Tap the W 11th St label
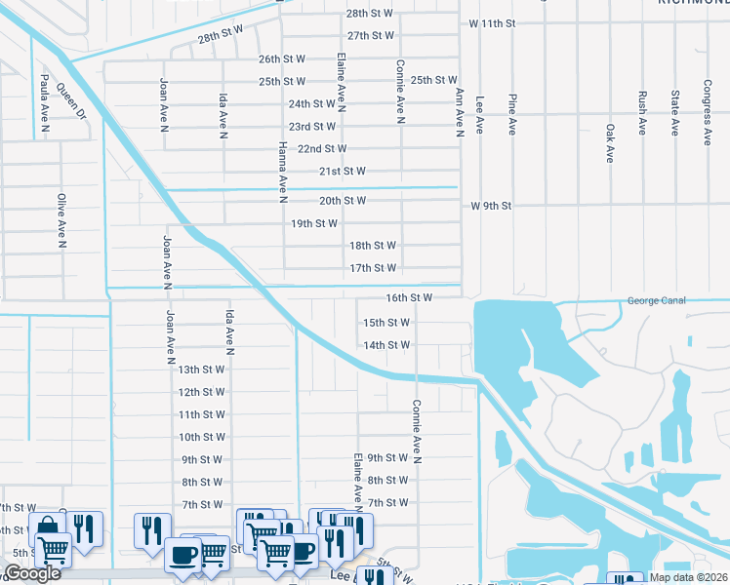(x=505, y=21)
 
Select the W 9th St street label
(x=504, y=206)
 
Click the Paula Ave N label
(x=45, y=99)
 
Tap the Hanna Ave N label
(x=282, y=172)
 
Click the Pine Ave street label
(x=511, y=114)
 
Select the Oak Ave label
(x=609, y=142)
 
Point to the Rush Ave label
(x=641, y=113)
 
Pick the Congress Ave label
(x=707, y=112)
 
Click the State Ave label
(x=674, y=113)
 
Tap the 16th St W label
(x=409, y=297)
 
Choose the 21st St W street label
(x=342, y=171)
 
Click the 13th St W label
(x=201, y=370)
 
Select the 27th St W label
(x=370, y=35)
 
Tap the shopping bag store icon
(x=46, y=527)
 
